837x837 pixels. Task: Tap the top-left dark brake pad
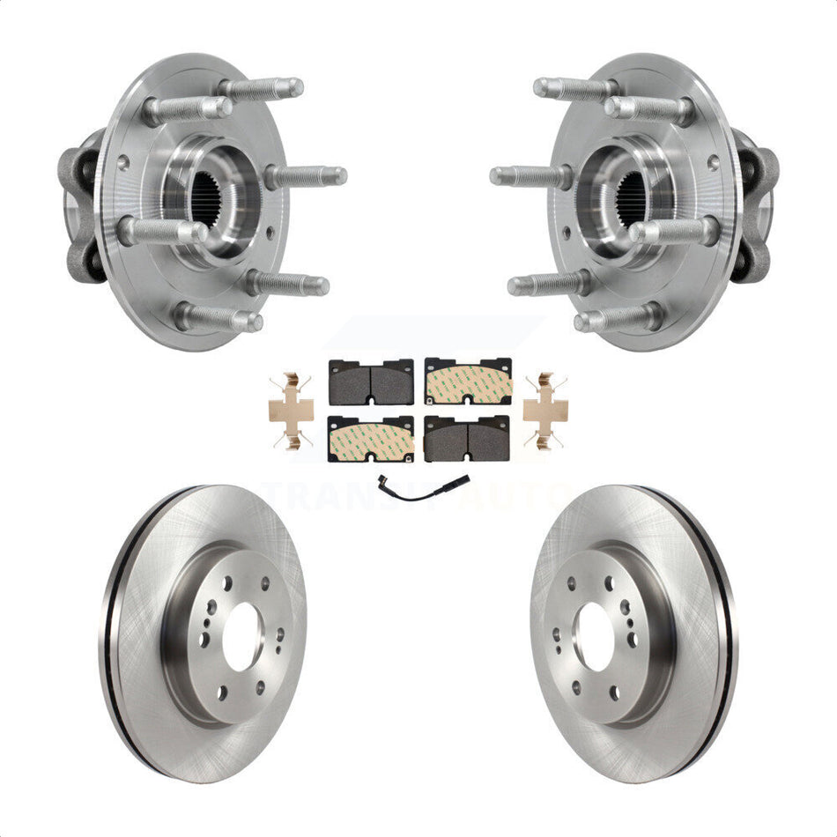click(x=371, y=381)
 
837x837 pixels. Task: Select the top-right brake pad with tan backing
click(x=468, y=381)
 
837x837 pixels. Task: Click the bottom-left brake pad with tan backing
click(x=371, y=438)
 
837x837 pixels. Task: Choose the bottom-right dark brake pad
click(x=467, y=438)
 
